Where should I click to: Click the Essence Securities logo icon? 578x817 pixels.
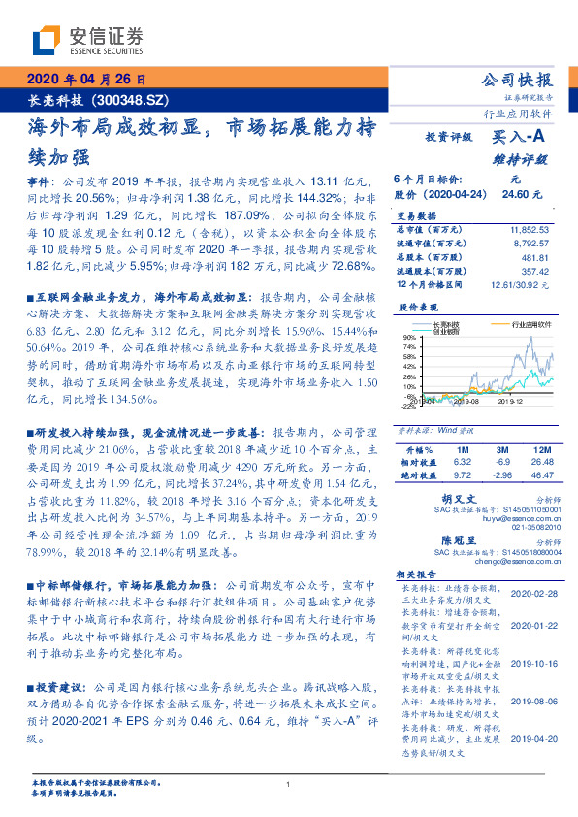[45, 40]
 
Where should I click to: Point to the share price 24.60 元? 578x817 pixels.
[517, 194]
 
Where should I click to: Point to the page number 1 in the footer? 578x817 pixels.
[289, 784]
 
